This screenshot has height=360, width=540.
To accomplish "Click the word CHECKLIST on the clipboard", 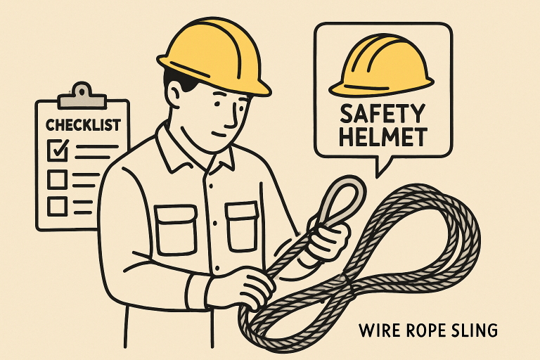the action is pos(83,125).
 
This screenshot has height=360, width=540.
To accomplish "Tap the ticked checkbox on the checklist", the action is pos(58,150).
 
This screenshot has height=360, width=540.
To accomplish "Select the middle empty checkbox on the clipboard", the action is pos(57,179).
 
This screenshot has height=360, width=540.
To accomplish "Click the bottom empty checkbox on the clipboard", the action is pos(57,206).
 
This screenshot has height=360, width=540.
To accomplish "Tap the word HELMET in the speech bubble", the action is pos(383,137).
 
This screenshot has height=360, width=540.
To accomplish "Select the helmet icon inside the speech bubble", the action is pos(381,65).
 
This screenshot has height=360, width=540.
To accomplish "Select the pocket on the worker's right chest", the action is pos(176,230).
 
